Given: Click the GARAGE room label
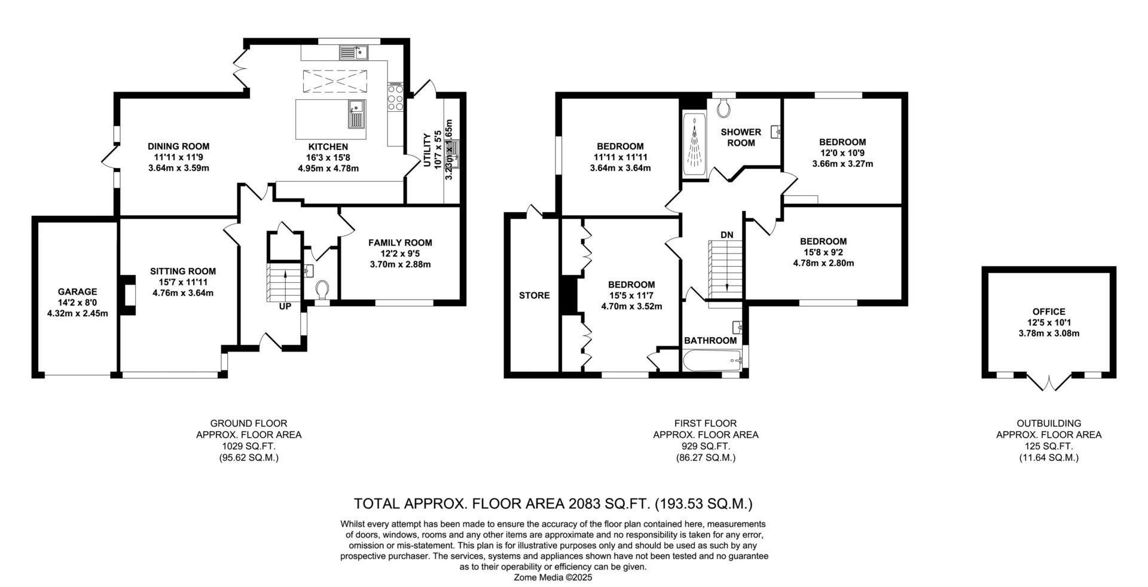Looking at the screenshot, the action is (x=77, y=292).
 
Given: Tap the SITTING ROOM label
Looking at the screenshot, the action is (x=183, y=271).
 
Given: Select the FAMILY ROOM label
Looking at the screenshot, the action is (x=400, y=243).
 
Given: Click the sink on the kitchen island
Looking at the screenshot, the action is (x=357, y=114).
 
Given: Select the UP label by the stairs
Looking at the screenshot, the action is (x=285, y=306).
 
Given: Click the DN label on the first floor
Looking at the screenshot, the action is (x=726, y=235).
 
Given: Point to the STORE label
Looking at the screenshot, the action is (x=534, y=295).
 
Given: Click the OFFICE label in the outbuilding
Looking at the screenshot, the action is (x=1049, y=311).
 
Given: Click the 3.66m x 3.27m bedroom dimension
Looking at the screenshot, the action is (x=842, y=164).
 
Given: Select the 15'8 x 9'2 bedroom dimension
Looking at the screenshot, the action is (x=823, y=252).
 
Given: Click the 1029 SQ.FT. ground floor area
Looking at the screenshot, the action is (x=249, y=447).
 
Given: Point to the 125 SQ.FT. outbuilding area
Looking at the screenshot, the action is (x=1049, y=447).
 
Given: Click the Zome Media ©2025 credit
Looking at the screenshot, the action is (x=553, y=578).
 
